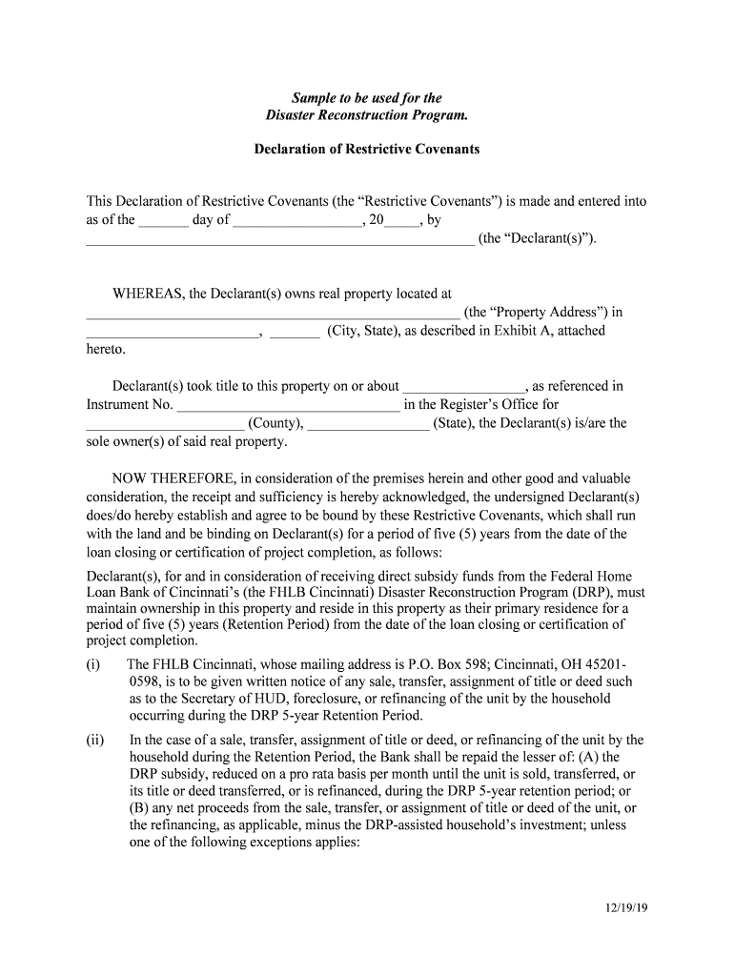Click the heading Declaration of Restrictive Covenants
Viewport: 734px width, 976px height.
(x=366, y=150)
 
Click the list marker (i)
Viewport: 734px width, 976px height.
(x=93, y=664)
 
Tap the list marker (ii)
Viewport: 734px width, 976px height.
(x=95, y=740)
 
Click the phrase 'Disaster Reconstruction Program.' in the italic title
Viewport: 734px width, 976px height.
(x=366, y=116)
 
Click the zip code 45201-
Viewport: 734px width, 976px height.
(x=604, y=664)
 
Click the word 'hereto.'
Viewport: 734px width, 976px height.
(x=106, y=349)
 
